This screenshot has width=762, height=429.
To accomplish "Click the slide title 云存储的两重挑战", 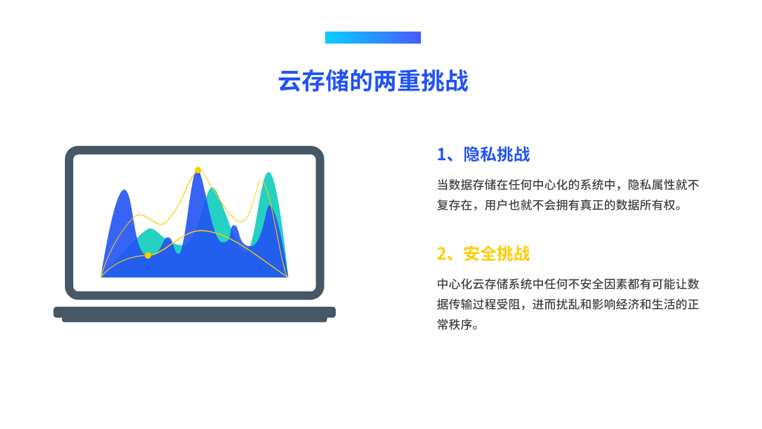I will click(x=373, y=81).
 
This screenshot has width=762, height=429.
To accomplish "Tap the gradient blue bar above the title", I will click(x=373, y=38).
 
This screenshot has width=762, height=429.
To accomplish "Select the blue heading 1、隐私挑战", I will click(x=483, y=154).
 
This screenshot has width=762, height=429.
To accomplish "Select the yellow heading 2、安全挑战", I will click(x=483, y=254).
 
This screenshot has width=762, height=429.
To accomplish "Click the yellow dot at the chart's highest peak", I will click(x=198, y=170).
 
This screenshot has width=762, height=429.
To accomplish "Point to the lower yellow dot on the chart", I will click(x=148, y=256).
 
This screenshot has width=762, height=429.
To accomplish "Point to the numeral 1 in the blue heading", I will click(x=441, y=154).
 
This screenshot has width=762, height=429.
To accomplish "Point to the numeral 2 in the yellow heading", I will click(x=441, y=254).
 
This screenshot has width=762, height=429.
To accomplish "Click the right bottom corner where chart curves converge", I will click(x=288, y=276).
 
